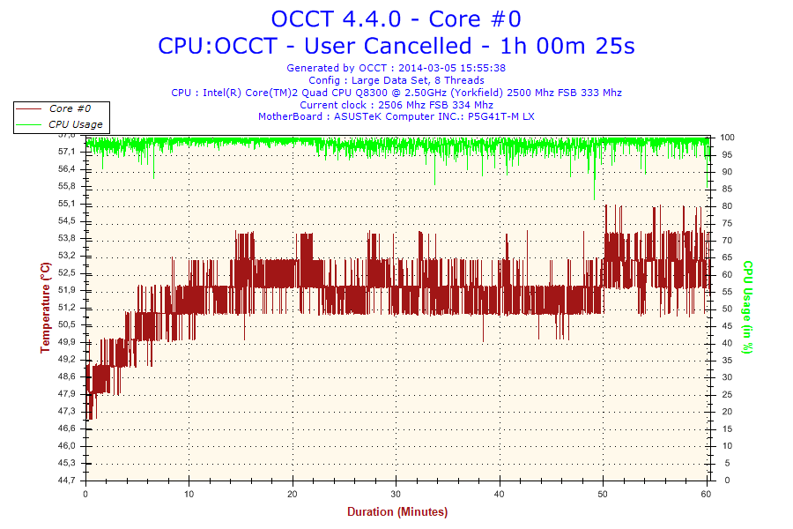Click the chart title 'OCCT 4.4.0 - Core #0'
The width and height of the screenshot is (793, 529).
click(x=396, y=19)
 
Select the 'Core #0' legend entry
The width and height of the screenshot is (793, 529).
click(x=69, y=108)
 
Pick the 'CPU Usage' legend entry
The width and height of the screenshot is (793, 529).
click(x=75, y=124)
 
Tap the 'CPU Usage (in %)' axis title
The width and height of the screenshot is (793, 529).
click(x=747, y=307)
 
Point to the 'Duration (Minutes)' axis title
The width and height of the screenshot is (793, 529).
click(x=396, y=512)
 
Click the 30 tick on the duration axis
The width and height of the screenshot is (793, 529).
click(x=396, y=494)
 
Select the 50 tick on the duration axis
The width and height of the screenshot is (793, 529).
click(x=604, y=494)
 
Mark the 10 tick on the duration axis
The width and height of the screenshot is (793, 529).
click(x=189, y=494)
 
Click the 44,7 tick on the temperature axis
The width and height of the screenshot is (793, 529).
click(x=66, y=481)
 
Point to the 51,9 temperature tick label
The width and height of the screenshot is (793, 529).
click(x=66, y=290)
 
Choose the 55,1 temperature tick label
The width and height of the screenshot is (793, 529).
click(x=66, y=204)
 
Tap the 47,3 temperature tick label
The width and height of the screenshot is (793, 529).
click(x=66, y=411)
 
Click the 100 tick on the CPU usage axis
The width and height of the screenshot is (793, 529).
click(x=728, y=138)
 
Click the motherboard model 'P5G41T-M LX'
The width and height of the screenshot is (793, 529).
click(x=500, y=116)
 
